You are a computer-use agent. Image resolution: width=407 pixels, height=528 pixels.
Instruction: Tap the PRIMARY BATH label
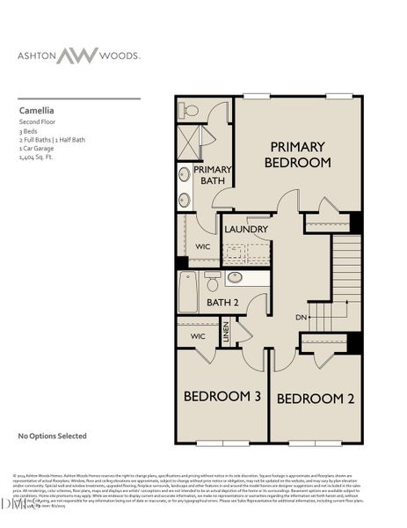tap(211, 174)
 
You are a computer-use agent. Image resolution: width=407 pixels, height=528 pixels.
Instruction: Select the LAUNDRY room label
tap(246, 230)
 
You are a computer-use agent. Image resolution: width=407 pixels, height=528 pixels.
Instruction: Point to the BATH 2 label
tap(222, 302)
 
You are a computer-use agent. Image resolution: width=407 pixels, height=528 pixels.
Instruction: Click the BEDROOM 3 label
tap(222, 397)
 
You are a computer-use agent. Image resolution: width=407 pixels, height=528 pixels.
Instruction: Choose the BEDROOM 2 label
tap(316, 399)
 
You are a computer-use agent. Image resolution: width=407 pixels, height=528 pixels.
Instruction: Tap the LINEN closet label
tap(226, 332)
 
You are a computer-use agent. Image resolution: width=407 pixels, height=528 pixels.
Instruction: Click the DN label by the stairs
tap(300, 316)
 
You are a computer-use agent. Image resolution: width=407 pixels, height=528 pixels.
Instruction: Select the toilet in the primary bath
tap(190, 111)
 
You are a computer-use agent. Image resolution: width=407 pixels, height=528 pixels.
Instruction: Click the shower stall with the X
tap(188, 142)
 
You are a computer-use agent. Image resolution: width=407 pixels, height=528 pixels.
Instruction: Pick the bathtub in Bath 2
tap(188, 291)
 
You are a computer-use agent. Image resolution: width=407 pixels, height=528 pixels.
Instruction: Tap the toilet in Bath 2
tap(212, 282)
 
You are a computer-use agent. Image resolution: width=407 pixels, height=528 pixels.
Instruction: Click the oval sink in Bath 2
tap(236, 278)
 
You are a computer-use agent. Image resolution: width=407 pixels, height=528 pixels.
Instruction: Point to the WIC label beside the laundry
tap(201, 246)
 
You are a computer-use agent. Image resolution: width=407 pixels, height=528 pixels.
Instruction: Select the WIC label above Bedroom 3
tap(197, 335)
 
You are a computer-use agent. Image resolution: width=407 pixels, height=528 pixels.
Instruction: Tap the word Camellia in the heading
tap(37, 112)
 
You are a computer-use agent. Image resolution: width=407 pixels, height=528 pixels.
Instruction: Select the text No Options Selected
tap(53, 435)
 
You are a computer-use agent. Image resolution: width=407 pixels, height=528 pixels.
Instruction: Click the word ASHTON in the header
tap(40, 55)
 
